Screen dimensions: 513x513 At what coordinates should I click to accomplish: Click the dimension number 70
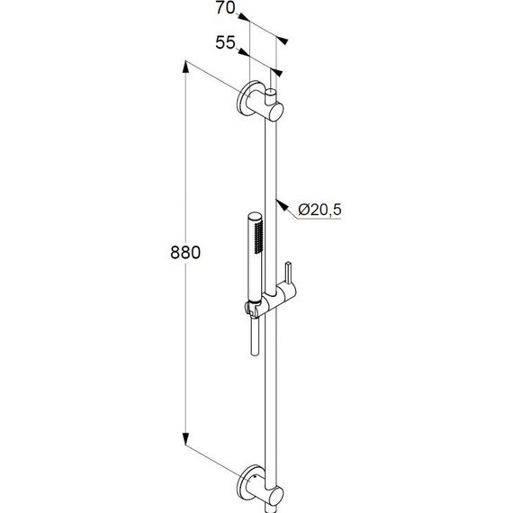click(225, 10)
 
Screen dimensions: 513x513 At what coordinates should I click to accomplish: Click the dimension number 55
click(224, 41)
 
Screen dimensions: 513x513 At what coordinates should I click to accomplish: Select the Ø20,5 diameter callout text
click(319, 210)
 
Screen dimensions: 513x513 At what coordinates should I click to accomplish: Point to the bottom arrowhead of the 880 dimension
click(187, 444)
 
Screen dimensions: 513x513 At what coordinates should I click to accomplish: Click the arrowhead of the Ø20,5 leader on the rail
click(278, 199)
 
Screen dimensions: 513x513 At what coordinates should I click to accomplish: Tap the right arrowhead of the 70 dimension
click(283, 40)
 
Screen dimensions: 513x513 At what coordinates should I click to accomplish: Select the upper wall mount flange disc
click(247, 102)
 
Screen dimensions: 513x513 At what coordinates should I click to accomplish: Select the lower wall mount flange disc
click(247, 482)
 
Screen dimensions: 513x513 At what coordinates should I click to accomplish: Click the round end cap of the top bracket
click(274, 112)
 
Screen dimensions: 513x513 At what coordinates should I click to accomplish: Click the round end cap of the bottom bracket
click(274, 494)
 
